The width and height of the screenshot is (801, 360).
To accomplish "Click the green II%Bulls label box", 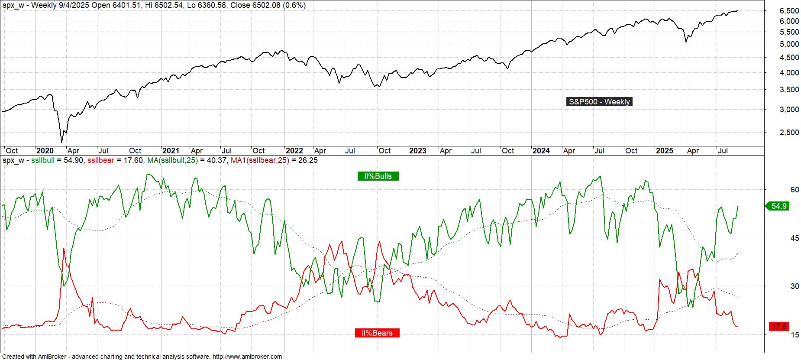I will (378, 176).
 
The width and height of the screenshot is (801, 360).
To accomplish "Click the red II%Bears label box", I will (377, 333).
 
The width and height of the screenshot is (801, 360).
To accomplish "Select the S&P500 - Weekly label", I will (599, 102).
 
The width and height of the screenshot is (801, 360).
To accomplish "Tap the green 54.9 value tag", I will (778, 206).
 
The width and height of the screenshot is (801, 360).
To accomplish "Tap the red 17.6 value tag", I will (778, 327).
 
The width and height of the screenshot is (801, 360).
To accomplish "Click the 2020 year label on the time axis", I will (45, 151).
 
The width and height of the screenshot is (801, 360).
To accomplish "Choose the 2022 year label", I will (294, 151).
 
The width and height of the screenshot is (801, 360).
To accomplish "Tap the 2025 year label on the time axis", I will (665, 151).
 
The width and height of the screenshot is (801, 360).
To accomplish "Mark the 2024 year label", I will (541, 151).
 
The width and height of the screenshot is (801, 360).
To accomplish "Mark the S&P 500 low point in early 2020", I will (61, 142).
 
